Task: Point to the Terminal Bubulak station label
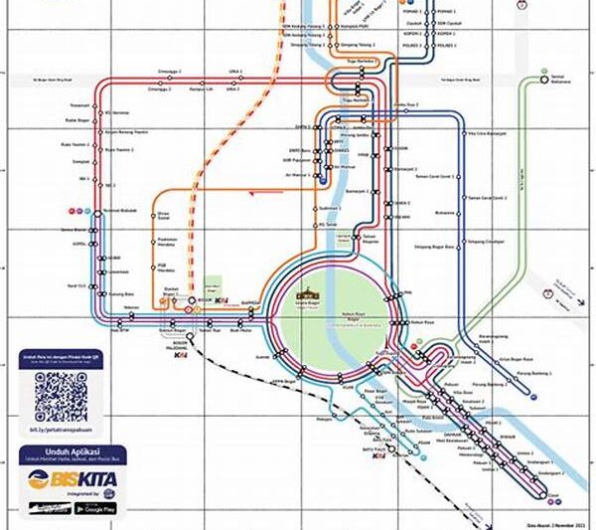coord(120,210)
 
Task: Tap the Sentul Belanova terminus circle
coord(544,75)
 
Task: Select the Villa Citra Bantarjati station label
coord(478,132)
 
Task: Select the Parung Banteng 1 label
coord(536,375)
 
